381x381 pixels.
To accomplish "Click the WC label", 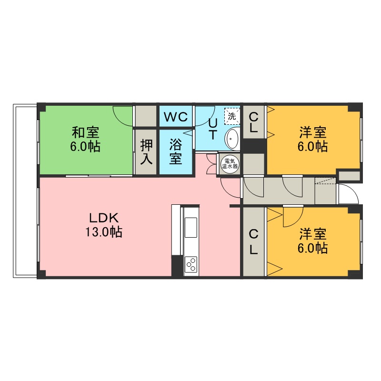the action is [x=176, y=117].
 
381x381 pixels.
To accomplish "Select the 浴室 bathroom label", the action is [x=175, y=151].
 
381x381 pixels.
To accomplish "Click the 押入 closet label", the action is [x=146, y=151].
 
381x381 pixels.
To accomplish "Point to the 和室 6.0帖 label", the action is [x=85, y=140].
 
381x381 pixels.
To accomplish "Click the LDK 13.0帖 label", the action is [x=104, y=224].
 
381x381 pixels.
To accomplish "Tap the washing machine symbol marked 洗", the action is [x=232, y=116].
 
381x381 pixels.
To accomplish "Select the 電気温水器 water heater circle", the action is [x=230, y=164].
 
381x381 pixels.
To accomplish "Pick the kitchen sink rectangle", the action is [x=191, y=228].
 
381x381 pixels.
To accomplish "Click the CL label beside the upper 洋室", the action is [x=253, y=123].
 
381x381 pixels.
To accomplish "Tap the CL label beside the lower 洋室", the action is [x=253, y=242].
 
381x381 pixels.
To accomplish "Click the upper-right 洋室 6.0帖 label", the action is [x=313, y=140].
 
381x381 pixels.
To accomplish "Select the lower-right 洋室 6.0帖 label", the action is [x=313, y=241].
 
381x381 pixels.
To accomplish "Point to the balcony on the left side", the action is [x=26, y=191].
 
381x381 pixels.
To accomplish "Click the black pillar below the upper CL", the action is [x=254, y=146].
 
